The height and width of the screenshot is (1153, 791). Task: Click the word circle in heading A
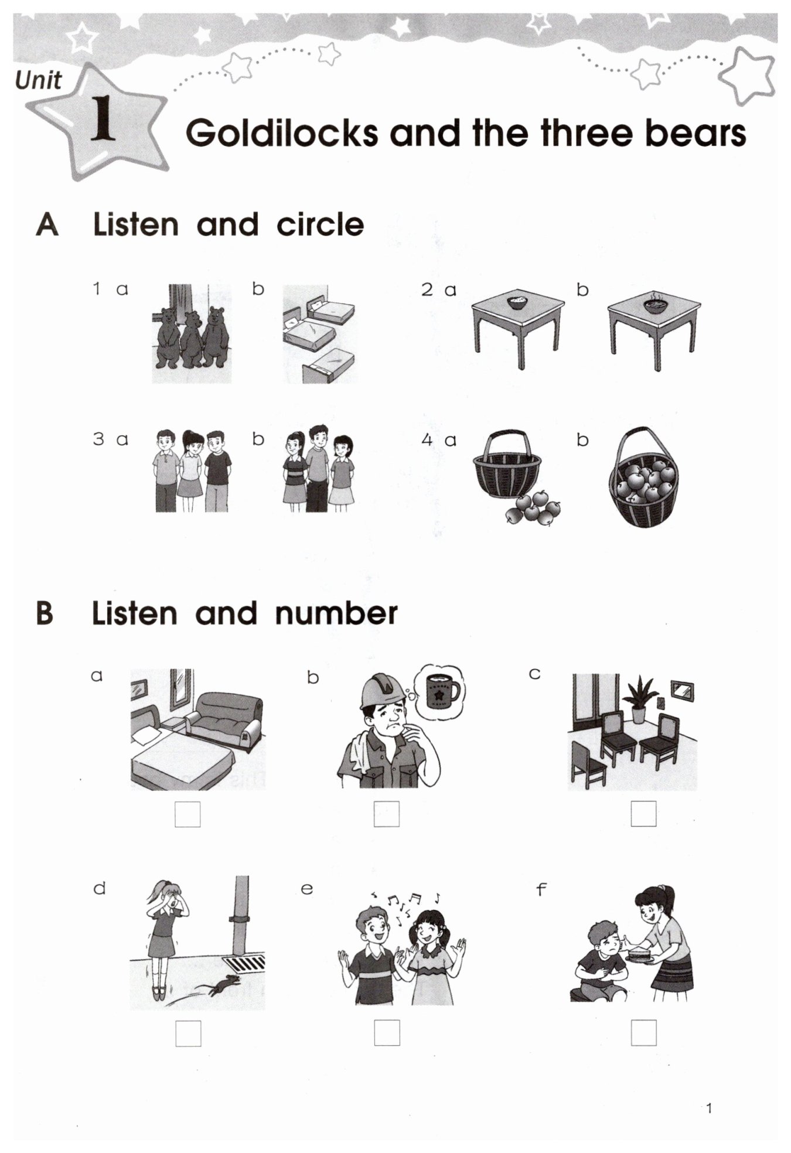[320, 224]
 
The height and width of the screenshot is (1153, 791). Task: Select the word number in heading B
[336, 613]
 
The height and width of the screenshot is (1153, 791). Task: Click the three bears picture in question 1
[192, 334]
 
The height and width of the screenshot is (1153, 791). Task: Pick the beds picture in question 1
[320, 334]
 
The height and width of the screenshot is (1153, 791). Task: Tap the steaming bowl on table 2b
[655, 303]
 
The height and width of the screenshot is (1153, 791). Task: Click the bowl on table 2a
[517, 302]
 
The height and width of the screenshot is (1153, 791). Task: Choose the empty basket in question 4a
[507, 466]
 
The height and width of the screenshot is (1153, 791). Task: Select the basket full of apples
[643, 477]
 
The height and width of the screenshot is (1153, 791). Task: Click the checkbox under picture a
[187, 814]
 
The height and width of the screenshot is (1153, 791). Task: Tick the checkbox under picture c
[643, 813]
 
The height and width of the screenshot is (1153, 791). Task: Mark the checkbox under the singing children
[387, 1032]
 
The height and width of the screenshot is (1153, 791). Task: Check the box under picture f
[643, 1032]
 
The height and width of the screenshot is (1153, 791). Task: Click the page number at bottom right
[710, 1108]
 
